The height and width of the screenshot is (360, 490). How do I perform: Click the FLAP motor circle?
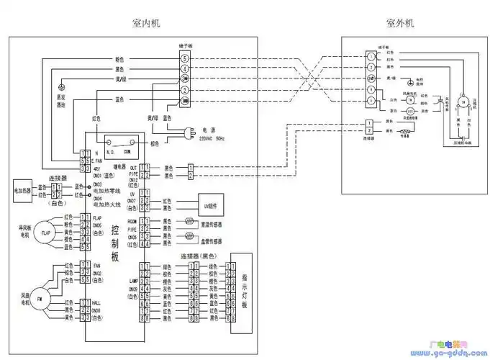46,233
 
